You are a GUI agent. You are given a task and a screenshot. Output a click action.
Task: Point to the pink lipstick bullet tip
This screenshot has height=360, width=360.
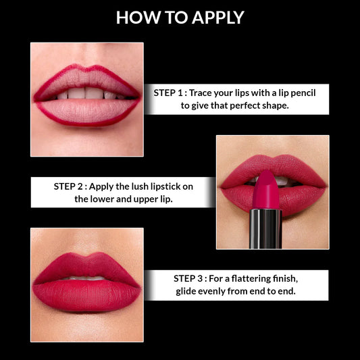click(x=265, y=182)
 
